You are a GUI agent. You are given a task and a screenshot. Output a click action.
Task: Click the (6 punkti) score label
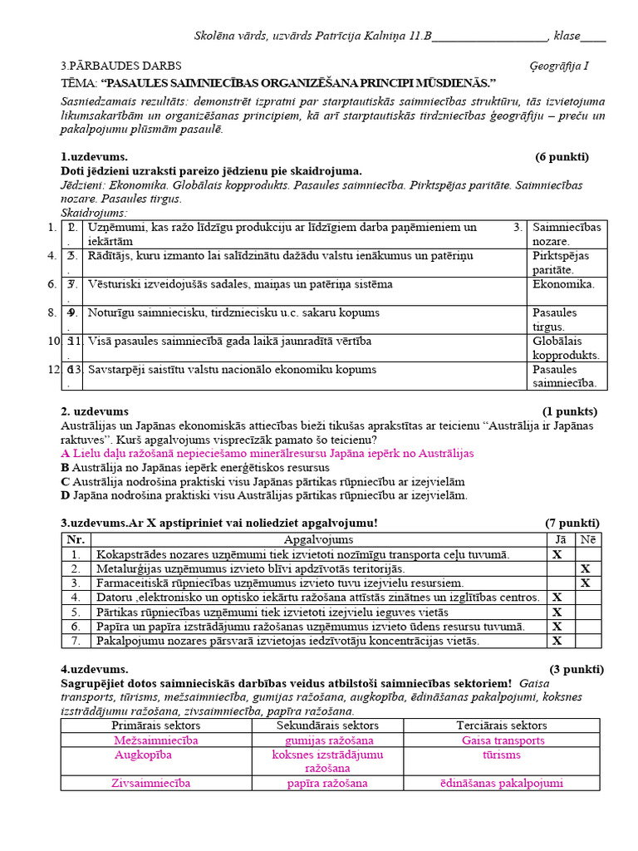tap(562, 157)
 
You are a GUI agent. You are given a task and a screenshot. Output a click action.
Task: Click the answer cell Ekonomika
tap(563, 284)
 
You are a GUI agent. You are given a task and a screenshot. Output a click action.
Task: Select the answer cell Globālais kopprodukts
tap(567, 347)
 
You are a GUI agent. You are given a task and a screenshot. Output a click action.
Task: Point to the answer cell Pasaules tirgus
tap(555, 319)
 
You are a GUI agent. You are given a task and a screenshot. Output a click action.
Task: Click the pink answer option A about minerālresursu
tap(267, 454)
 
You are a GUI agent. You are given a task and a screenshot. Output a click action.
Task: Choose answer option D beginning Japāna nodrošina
tap(264, 495)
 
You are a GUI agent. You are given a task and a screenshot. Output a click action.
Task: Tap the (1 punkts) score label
tap(569, 411)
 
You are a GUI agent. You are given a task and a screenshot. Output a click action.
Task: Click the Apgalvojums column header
tap(318, 540)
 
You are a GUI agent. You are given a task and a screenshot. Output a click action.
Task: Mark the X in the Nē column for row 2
tap(585, 568)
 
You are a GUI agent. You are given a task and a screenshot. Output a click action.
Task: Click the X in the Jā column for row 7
tap(557, 641)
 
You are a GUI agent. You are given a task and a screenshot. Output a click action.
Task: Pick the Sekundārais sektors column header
tap(328, 726)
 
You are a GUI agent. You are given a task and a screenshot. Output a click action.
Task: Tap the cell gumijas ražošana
tap(329, 740)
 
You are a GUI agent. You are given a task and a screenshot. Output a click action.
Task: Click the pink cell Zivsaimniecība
tap(151, 783)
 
